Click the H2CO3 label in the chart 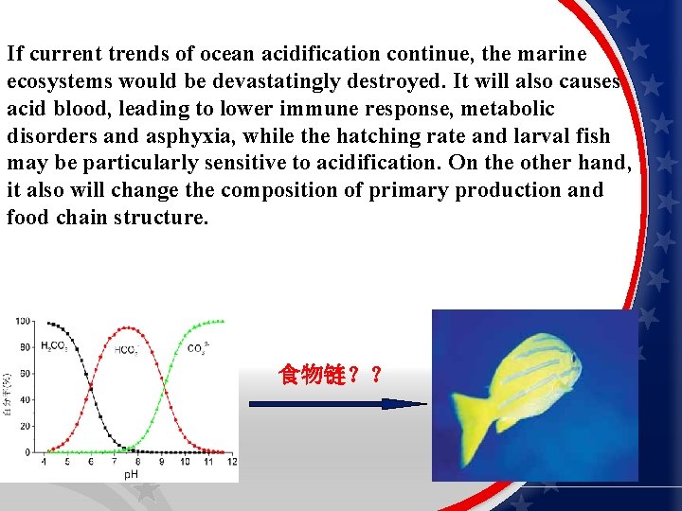53,346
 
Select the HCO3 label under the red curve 126,350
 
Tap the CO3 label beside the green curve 197,348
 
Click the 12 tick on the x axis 232,462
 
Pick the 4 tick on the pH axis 44,462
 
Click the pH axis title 131,473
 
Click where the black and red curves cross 90,388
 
